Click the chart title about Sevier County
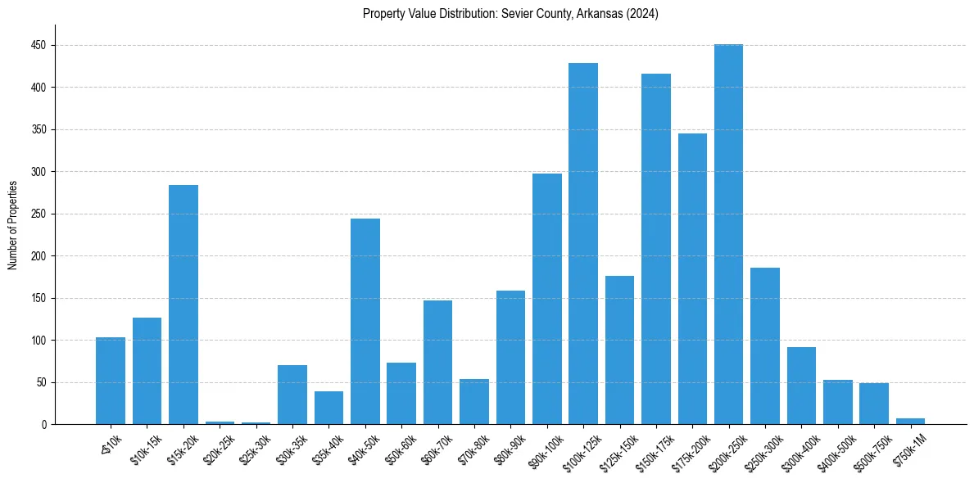[x=510, y=14]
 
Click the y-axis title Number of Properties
[x=13, y=224]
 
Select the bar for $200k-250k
[x=728, y=234]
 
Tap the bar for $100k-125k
[x=583, y=244]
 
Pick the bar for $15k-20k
[x=183, y=305]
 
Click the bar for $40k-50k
[x=365, y=321]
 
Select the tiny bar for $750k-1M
[x=910, y=421]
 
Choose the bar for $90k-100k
[x=546, y=299]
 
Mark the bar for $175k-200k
[x=692, y=278]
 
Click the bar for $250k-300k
[x=764, y=345]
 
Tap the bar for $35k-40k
[x=328, y=408]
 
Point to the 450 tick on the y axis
[x=39, y=46]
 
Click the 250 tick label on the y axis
[x=39, y=214]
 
